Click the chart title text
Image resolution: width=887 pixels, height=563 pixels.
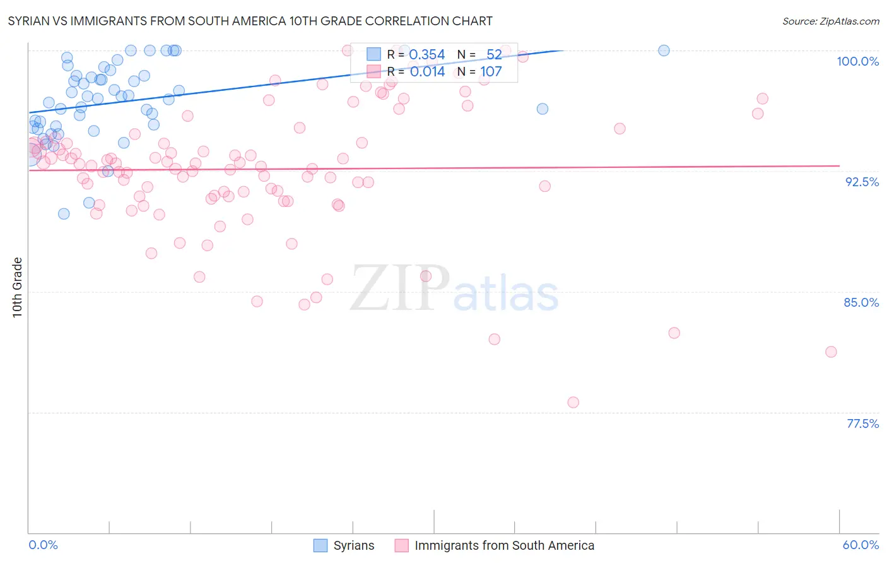click(x=250, y=21)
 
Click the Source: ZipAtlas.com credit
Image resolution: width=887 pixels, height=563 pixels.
click(x=830, y=21)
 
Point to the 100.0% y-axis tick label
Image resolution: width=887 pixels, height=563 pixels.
click(x=857, y=61)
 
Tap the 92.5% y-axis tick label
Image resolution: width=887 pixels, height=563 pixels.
click(x=862, y=182)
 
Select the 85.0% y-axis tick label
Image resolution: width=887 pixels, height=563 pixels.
click(x=861, y=302)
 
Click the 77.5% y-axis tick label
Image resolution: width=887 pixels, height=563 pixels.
click(x=862, y=424)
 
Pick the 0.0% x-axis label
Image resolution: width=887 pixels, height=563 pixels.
click(x=43, y=545)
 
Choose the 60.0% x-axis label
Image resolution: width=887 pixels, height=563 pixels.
click(x=861, y=545)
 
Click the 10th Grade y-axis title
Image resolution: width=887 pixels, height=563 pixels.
click(x=18, y=287)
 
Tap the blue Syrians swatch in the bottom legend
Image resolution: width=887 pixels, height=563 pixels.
click(x=320, y=545)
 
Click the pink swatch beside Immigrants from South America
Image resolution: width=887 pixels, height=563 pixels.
click(x=401, y=545)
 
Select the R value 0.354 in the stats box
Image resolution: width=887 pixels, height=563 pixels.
click(x=427, y=55)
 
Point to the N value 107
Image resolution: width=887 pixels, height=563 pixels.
click(x=491, y=72)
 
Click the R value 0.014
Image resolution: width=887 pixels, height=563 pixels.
click(x=427, y=72)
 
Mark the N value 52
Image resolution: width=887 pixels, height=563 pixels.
click(x=494, y=55)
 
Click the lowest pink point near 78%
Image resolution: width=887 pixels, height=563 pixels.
click(x=573, y=402)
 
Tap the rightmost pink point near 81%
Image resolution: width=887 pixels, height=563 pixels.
click(x=831, y=352)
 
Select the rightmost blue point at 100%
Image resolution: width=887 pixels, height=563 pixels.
click(x=664, y=50)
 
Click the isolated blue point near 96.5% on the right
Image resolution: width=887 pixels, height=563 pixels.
click(x=542, y=109)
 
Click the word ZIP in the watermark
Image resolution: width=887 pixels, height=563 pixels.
click(x=399, y=288)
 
